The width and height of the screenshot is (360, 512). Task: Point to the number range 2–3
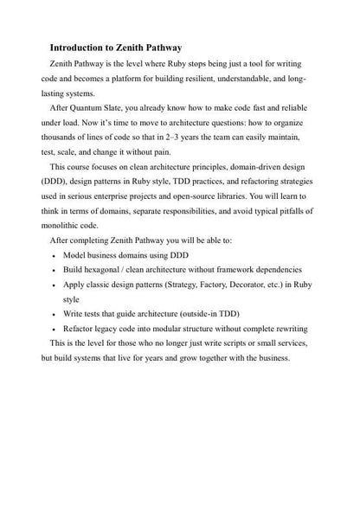[x=174, y=138]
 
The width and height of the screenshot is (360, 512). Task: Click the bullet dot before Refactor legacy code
[x=55, y=330]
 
